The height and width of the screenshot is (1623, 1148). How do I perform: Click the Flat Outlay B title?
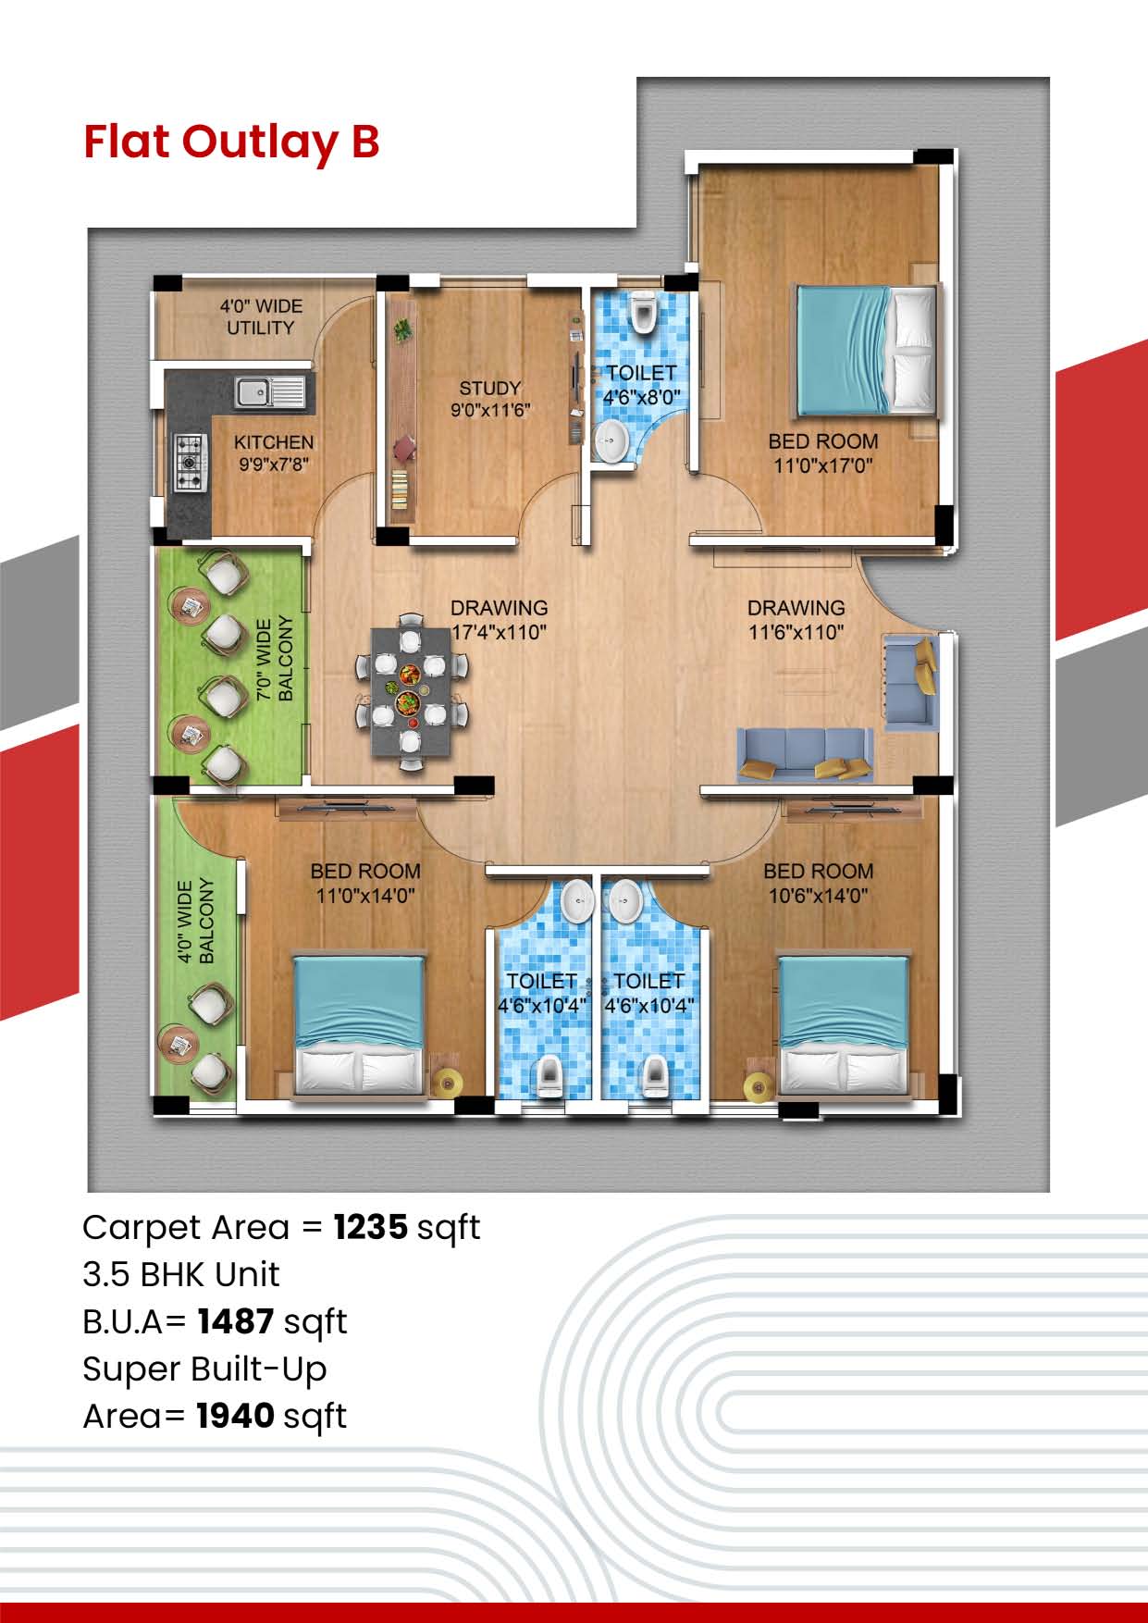coord(231,142)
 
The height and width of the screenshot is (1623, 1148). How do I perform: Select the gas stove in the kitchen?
coord(190,462)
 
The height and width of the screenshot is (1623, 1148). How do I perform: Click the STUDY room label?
coord(489,388)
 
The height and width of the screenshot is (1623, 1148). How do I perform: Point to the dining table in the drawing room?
coord(412,691)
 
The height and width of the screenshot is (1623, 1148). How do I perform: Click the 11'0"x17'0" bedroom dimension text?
coord(822,466)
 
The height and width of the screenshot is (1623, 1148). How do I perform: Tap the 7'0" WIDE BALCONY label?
coord(274,659)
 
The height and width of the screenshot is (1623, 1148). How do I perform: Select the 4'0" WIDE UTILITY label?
coord(260,316)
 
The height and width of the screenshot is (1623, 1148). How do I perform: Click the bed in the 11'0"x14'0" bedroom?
coord(359,1025)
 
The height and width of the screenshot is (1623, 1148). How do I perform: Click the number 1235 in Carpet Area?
coord(371,1228)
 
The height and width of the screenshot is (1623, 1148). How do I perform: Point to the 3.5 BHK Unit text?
coord(180,1275)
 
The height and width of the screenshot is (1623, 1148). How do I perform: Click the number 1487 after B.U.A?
coord(235,1322)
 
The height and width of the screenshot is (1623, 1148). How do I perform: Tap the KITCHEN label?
coord(273,442)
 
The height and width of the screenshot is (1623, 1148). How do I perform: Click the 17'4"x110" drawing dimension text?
coord(499,633)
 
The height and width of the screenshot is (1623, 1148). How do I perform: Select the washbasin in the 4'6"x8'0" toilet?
coord(611,440)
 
